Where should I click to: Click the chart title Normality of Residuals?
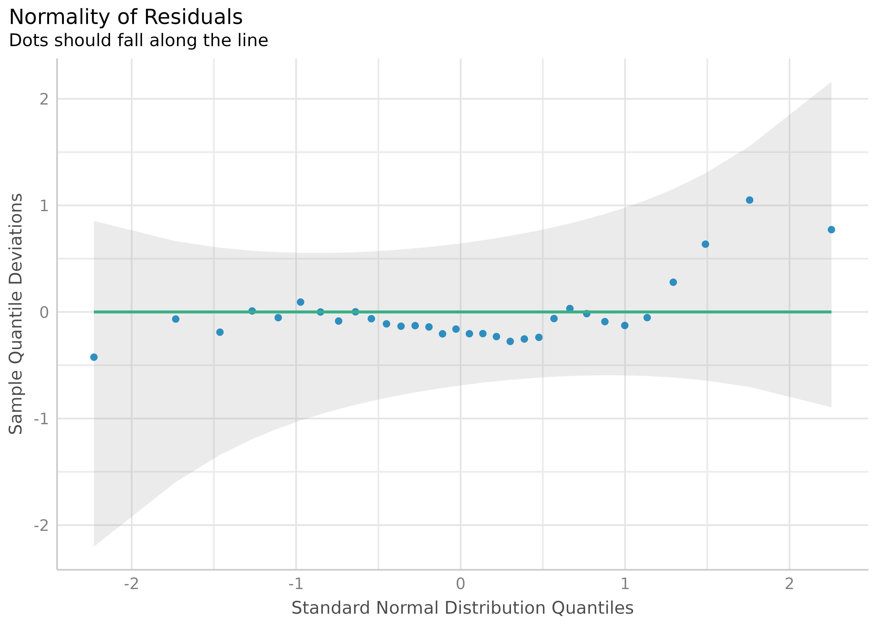coord(126,17)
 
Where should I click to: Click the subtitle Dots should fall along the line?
coord(138,40)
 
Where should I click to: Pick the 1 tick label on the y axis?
coord(44,206)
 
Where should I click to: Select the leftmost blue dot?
coord(94,357)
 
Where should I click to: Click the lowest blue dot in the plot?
coord(94,357)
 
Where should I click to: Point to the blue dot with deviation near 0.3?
coord(673,282)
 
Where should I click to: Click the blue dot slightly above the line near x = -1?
coord(300,302)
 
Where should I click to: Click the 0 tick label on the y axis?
coord(44,312)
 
